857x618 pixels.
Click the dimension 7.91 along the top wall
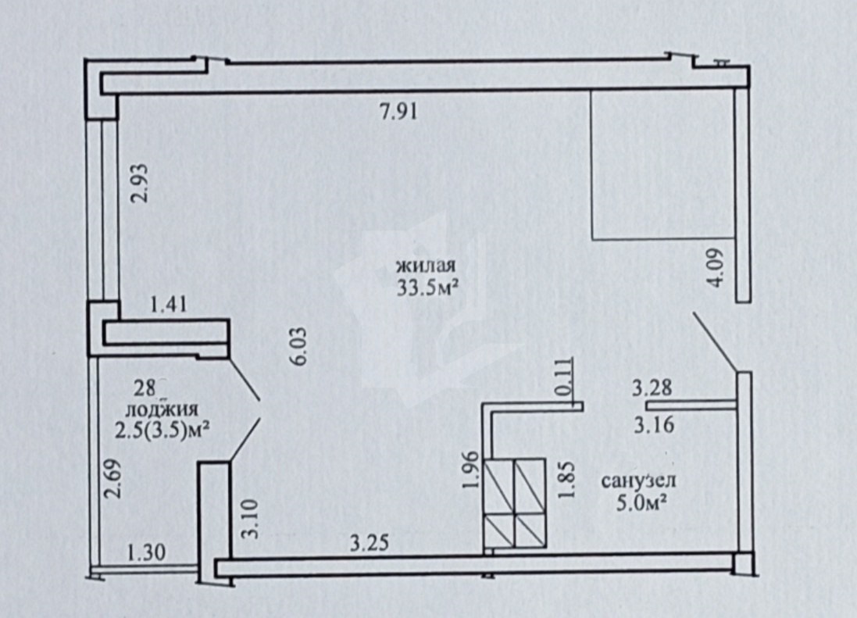399,112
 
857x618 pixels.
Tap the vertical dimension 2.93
141,183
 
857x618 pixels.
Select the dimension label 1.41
169,305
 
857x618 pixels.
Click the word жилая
427,266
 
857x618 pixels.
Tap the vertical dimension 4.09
716,267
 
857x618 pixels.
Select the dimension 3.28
652,388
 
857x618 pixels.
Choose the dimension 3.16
654,424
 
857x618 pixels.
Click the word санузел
638,481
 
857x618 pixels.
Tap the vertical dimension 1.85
567,480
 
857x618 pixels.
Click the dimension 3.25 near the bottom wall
370,543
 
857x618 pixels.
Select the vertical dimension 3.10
249,519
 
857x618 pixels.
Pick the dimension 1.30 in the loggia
146,552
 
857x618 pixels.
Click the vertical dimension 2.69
113,479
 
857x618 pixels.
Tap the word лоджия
162,410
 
